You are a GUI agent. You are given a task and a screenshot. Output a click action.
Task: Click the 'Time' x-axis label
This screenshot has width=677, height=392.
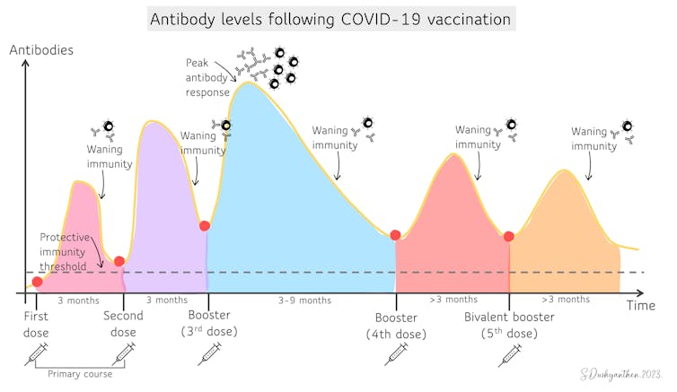click(x=640, y=306)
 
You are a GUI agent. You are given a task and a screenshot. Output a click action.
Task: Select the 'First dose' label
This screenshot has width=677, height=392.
click(x=36, y=325)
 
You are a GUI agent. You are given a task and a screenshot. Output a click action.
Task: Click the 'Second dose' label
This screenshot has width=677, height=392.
click(x=123, y=325)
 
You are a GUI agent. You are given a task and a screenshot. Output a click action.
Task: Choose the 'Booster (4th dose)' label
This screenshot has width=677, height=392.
click(x=396, y=326)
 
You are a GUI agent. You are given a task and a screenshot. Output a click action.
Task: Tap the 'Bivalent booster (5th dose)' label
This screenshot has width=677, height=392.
click(x=509, y=326)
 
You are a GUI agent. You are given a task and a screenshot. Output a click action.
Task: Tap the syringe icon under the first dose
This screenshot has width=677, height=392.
click(x=36, y=355)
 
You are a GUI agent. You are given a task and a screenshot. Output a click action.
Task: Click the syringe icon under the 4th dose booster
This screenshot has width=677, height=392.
click(x=395, y=355)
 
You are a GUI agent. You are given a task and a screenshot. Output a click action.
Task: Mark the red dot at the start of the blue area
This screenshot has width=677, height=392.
click(x=205, y=226)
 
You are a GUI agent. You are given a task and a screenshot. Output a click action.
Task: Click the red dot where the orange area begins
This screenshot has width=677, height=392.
click(x=509, y=236)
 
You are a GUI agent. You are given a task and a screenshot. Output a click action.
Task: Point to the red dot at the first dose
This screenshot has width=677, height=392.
click(x=37, y=282)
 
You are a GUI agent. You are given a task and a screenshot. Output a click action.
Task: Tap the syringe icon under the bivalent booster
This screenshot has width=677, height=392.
click(x=509, y=355)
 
